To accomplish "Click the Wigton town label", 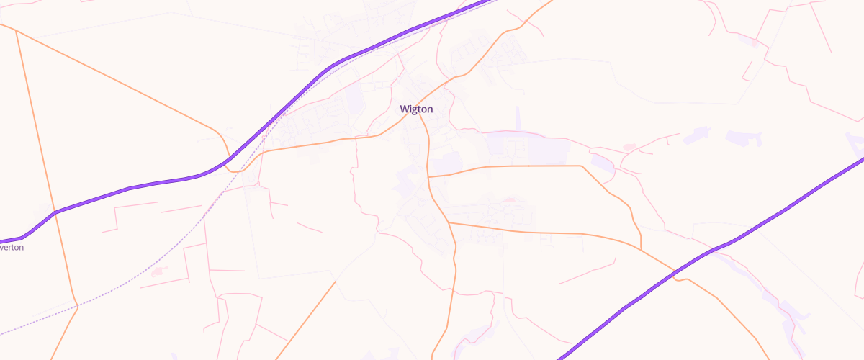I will (416, 109).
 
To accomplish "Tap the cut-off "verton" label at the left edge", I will (12, 247).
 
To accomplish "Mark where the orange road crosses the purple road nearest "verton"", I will (55, 212).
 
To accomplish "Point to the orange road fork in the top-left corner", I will (16, 31).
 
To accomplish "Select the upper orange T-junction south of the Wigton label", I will (428, 176).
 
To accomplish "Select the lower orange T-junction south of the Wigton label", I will (449, 222).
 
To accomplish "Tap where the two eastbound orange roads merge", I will (640, 249).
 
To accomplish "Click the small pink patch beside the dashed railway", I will (159, 272).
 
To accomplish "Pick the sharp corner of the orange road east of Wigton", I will (581, 166).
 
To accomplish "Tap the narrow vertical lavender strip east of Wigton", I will (518, 119).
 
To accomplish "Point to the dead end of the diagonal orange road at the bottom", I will (336, 282).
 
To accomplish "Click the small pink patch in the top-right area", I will (754, 43).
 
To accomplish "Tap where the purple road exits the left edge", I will (2, 241).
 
